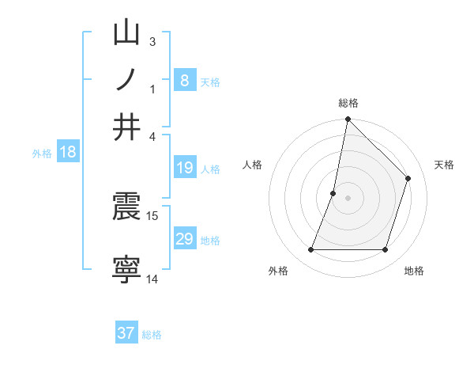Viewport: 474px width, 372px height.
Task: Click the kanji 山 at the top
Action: click(x=127, y=35)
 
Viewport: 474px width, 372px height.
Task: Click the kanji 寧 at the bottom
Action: click(x=127, y=268)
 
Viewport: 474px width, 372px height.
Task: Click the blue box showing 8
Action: click(x=184, y=81)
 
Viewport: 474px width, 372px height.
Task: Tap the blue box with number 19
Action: click(x=184, y=168)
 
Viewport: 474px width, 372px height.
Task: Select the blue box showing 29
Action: click(x=184, y=239)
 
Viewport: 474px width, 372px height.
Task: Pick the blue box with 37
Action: click(x=126, y=333)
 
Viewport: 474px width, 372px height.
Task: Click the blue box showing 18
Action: click(x=68, y=153)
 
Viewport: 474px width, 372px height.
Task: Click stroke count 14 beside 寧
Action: click(x=152, y=279)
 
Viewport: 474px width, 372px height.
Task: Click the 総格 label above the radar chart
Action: click(x=348, y=103)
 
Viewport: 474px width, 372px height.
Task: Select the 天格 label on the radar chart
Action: click(x=444, y=165)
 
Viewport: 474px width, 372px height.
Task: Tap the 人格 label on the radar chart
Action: click(x=252, y=165)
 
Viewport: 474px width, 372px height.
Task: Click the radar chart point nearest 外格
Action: click(x=311, y=250)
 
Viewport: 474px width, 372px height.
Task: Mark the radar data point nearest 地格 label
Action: click(x=386, y=250)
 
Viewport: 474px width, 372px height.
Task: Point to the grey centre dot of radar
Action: click(x=348, y=198)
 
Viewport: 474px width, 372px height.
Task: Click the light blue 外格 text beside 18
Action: click(x=42, y=154)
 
